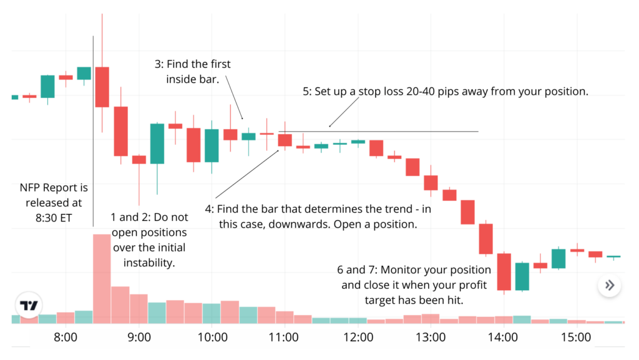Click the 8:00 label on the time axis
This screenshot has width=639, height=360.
pyautogui.click(x=65, y=338)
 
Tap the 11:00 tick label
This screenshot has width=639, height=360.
pyautogui.click(x=284, y=338)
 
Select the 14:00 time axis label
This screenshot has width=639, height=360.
pyautogui.click(x=503, y=338)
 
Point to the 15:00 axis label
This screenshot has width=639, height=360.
pyautogui.click(x=575, y=338)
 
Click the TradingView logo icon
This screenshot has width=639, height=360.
pyautogui.click(x=29, y=306)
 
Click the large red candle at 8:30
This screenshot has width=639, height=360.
pyautogui.click(x=102, y=87)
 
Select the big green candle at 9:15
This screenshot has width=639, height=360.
pyautogui.click(x=157, y=144)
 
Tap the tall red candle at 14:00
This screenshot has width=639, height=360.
pyautogui.click(x=504, y=271)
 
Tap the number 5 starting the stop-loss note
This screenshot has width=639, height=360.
pyautogui.click(x=306, y=91)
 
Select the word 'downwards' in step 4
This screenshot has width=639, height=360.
pyautogui.click(x=323, y=224)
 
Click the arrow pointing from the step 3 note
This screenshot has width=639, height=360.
pyautogui.click(x=235, y=97)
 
